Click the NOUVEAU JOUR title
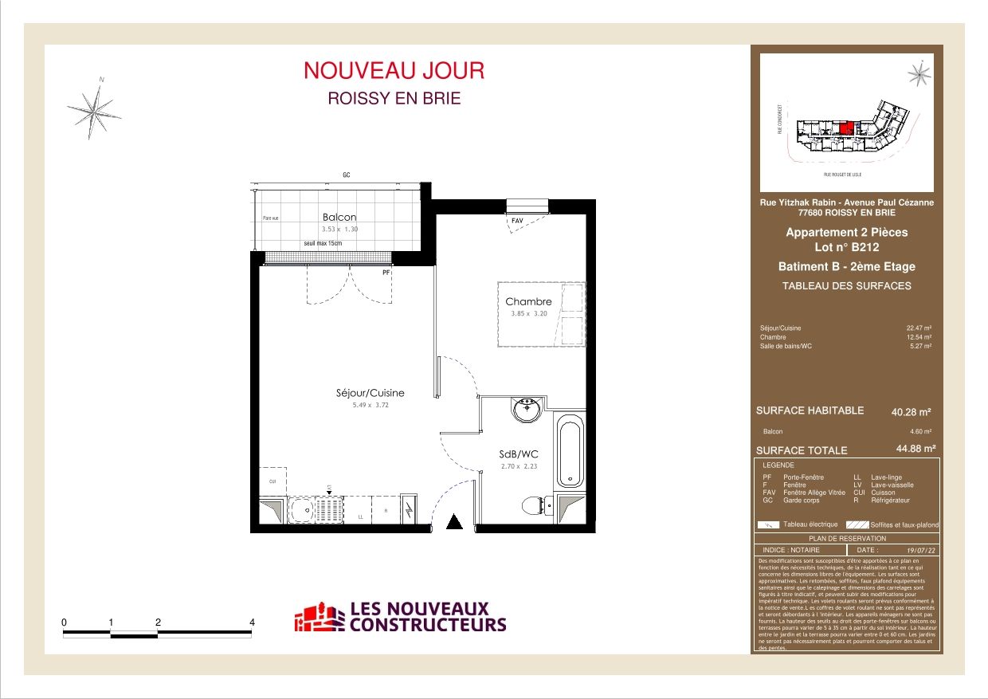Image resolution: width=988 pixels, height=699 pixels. [394, 70]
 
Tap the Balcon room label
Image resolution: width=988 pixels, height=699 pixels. [339, 217]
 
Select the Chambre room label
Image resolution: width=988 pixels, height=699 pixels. [528, 302]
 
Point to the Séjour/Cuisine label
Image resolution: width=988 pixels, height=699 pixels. [369, 393]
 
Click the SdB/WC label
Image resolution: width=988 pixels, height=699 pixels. [514, 455]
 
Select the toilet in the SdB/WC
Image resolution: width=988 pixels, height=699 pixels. [533, 505]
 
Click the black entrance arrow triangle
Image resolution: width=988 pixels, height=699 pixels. [454, 522]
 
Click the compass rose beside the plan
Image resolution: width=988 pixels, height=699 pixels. [94, 108]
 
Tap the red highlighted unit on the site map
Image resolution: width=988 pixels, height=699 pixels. [848, 127]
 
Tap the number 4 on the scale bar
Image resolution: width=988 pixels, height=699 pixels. [253, 622]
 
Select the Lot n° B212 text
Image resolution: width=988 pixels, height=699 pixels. [846, 247]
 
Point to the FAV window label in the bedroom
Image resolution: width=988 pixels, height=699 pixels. [517, 220]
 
